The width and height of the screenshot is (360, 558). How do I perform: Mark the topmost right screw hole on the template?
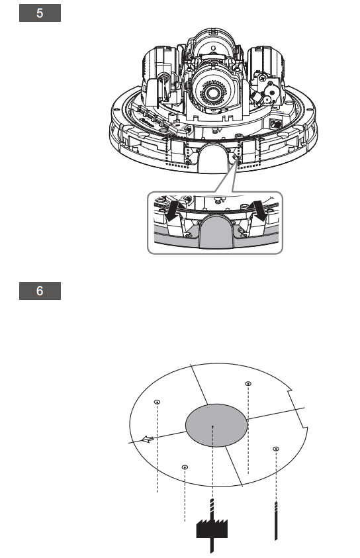(x=247, y=383)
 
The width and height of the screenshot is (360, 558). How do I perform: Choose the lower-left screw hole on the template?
(x=185, y=467)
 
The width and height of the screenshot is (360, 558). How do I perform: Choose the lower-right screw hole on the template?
(x=275, y=449)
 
